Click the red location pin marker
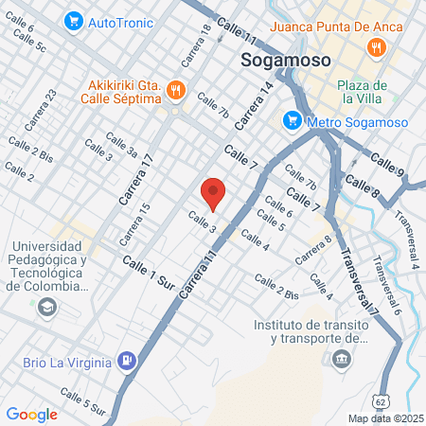(x=214, y=193)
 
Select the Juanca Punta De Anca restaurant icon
(x=377, y=46)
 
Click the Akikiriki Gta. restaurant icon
(x=174, y=90)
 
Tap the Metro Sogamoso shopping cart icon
(x=292, y=120)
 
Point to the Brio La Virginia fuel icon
(x=127, y=361)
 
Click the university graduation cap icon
(x=46, y=307)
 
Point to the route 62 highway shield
(x=381, y=401)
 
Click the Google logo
(x=31, y=414)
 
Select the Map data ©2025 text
(x=385, y=417)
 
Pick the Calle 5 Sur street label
(x=83, y=401)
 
